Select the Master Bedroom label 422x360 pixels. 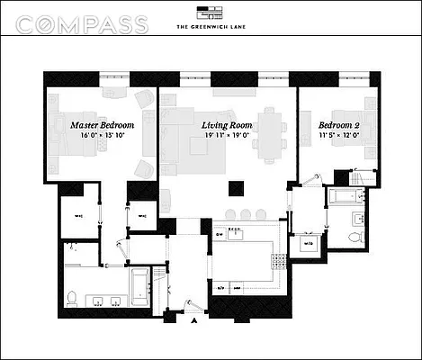click(103, 123)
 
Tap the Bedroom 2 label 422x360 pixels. click(340, 123)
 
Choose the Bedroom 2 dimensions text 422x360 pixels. click(340, 135)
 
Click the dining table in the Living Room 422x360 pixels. click(271, 126)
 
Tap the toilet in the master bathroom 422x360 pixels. click(72, 298)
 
